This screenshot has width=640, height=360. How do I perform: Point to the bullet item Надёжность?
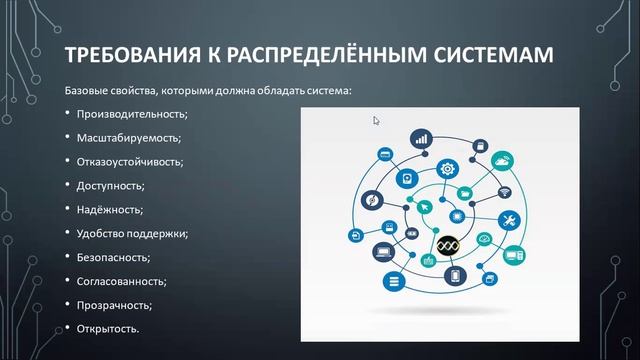[x=109, y=210]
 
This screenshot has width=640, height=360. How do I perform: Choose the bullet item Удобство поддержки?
[x=132, y=234]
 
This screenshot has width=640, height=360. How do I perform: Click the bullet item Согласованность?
[x=121, y=281]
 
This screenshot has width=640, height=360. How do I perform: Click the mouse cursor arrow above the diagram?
[x=377, y=121]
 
